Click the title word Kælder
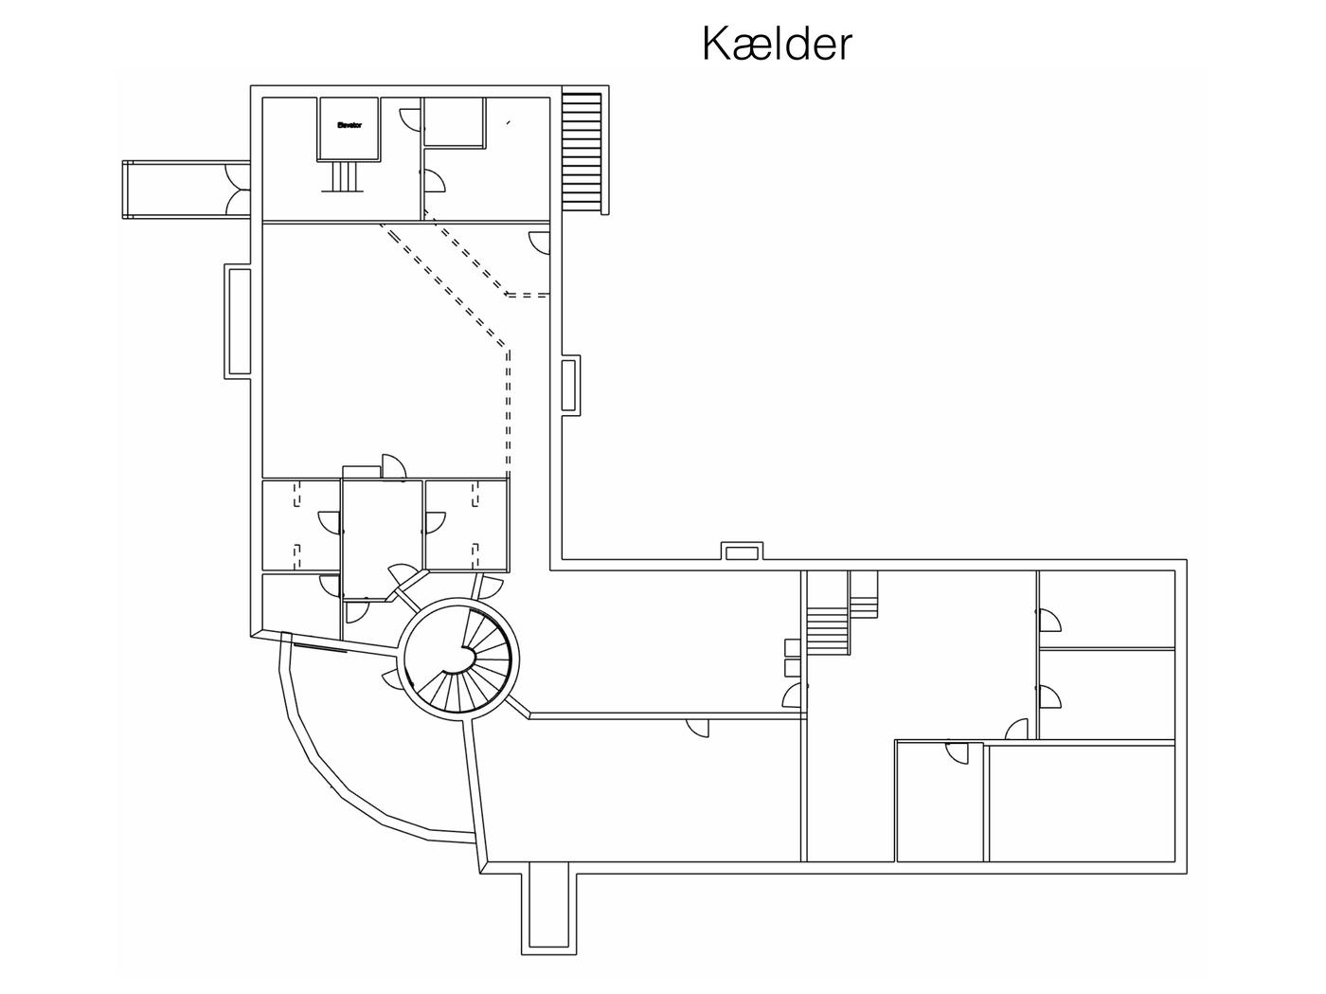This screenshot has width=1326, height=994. pyautogui.click(x=777, y=44)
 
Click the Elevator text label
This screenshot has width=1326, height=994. pyautogui.click(x=349, y=124)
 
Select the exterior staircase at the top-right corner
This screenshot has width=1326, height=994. pyautogui.click(x=582, y=152)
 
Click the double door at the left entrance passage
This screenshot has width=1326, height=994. pyautogui.click(x=237, y=190)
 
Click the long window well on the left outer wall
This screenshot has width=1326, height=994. pyautogui.click(x=238, y=323)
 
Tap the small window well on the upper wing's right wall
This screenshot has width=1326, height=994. pyautogui.click(x=570, y=385)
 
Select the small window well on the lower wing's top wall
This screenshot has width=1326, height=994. pyautogui.click(x=742, y=551)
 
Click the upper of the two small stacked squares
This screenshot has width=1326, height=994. pyautogui.click(x=793, y=647)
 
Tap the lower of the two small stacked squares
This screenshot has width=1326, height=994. pyautogui.click(x=793, y=667)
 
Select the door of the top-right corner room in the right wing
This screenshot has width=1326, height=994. pyautogui.click(x=1048, y=621)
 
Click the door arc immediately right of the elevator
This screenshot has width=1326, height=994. pyautogui.click(x=410, y=119)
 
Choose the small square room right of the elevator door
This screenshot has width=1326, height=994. pyautogui.click(x=454, y=120)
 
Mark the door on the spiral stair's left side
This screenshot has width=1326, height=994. pyautogui.click(x=390, y=678)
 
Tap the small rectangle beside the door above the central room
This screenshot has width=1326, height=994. pyautogui.click(x=361, y=472)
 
